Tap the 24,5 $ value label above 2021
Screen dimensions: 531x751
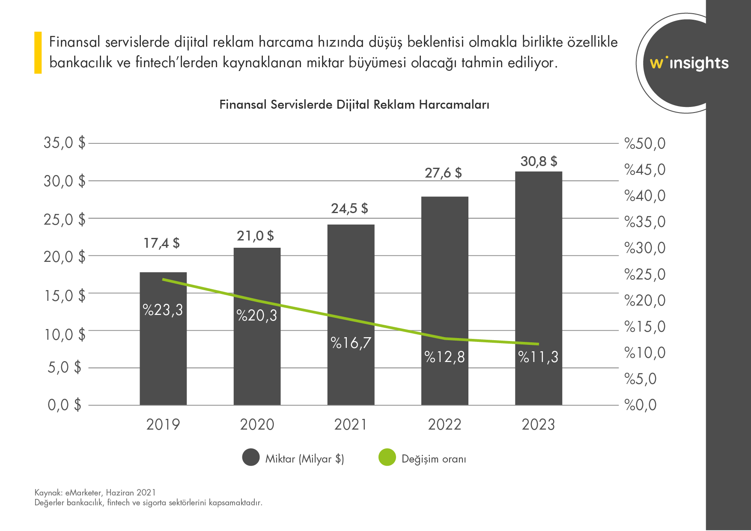pos(349,209)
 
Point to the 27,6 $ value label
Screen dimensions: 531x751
pos(443,173)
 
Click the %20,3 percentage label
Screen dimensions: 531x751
pos(256,316)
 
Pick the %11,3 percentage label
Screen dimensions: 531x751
pos(538,357)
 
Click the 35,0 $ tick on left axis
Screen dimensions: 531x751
pos(64,142)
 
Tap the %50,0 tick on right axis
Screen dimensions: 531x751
pos(645,144)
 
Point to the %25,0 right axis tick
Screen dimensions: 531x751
pos(645,274)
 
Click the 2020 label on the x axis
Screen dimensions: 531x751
pos(257,424)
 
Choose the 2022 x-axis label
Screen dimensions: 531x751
pos(444,424)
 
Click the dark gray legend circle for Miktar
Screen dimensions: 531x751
pos(251,457)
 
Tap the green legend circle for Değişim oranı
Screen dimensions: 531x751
pos(387,457)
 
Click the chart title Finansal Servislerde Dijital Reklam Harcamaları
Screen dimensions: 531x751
pos(354,105)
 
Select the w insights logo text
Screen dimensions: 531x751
pos(689,63)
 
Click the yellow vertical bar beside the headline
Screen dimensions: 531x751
pos(38,52)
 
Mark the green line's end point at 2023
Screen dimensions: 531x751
pos(538,344)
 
